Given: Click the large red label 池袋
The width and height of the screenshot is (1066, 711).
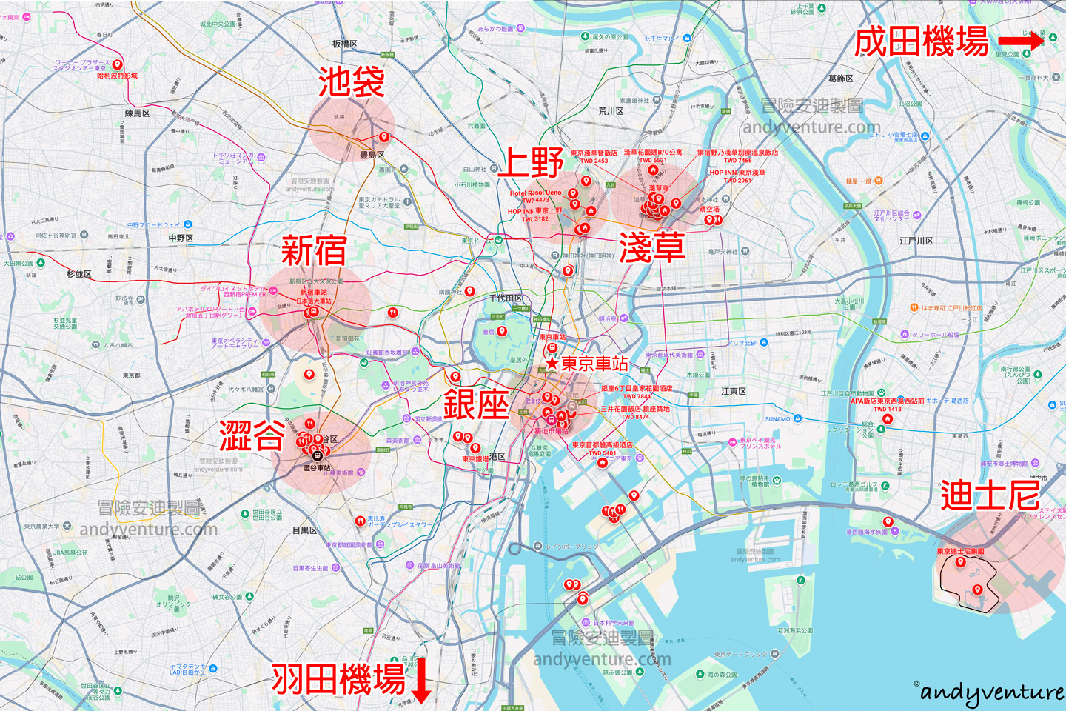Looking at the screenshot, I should (351, 81).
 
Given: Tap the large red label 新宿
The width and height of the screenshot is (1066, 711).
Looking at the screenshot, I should (314, 250).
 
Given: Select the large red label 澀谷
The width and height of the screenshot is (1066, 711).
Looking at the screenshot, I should (252, 435).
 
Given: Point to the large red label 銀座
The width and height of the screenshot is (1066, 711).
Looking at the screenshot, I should (476, 404).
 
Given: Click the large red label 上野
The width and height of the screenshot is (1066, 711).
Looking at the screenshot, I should (531, 162).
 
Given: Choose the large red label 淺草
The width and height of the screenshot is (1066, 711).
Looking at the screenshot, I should (651, 247).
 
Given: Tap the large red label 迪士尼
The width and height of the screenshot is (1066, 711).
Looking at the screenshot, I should (990, 495).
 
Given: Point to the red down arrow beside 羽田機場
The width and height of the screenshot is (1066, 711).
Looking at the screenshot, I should (420, 679).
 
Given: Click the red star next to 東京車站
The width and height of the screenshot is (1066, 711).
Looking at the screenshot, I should (552, 364).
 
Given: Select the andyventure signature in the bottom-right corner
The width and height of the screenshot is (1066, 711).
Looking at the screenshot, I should (991, 692).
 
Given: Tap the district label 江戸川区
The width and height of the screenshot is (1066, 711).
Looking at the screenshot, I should (916, 241).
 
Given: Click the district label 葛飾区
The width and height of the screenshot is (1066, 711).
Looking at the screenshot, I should (841, 79).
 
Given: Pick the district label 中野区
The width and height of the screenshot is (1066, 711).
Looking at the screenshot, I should (181, 238).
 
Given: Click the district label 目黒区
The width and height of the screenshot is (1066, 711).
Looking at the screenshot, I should (304, 530).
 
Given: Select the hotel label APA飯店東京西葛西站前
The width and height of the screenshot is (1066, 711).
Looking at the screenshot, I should (887, 401).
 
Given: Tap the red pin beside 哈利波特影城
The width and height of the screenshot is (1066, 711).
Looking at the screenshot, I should (117, 64).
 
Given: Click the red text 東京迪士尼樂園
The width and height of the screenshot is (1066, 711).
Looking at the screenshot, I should (960, 551).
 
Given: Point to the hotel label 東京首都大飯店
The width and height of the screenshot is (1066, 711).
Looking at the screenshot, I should (602, 445).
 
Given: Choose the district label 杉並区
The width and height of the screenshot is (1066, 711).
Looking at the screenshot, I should (79, 274).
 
